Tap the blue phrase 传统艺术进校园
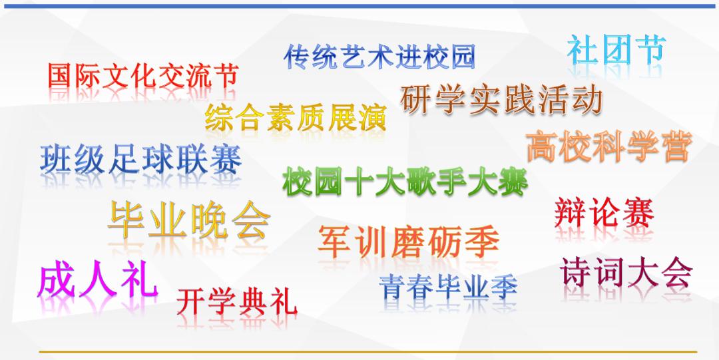[x=379, y=57]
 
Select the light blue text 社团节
[x=616, y=51]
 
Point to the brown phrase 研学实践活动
[x=503, y=100]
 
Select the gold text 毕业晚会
[x=189, y=220]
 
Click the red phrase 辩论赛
[x=604, y=213]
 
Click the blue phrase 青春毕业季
[x=448, y=287]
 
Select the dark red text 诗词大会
[x=626, y=273]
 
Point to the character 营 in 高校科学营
[x=674, y=146]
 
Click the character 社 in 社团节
[x=583, y=51]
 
